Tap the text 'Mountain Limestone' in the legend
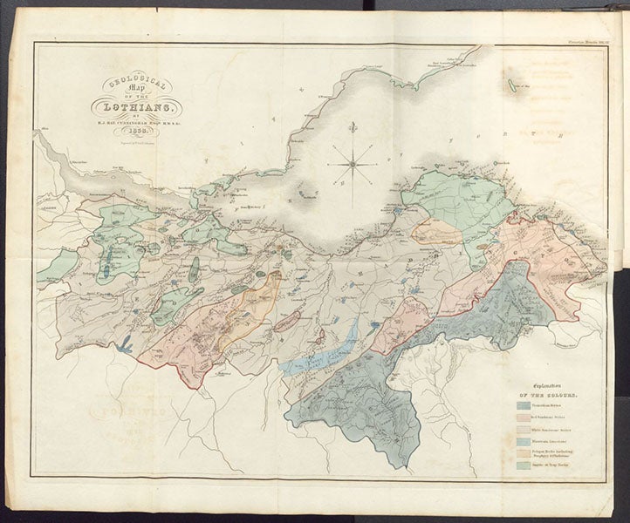coord(558,445)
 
